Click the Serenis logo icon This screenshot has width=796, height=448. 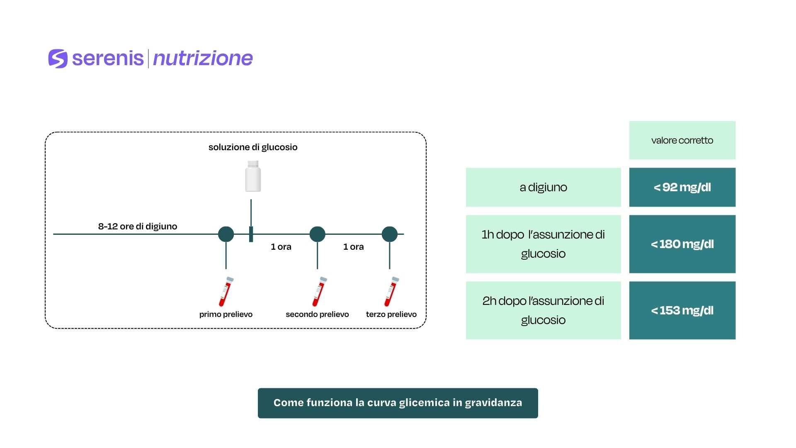coord(58,58)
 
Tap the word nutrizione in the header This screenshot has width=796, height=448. coord(203,58)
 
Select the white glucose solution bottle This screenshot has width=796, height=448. coord(253,176)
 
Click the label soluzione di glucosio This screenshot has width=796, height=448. coord(253,147)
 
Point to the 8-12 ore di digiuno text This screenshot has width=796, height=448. coord(138,226)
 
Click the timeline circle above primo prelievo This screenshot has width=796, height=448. coord(226,234)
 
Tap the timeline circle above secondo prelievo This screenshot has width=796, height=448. coord(317,234)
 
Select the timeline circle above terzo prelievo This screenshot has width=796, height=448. coord(390,234)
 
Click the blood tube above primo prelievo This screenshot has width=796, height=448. coord(226,292)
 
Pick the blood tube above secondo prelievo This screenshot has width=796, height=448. coord(319,292)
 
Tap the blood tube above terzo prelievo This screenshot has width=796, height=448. coord(391,292)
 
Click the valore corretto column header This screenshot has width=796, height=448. coord(682,140)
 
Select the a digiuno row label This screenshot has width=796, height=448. coord(543,187)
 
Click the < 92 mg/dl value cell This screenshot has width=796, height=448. coord(682,187)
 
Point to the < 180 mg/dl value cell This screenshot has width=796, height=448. coord(682,244)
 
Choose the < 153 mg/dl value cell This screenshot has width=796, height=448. coord(682,310)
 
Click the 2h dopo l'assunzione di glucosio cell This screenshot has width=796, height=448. coord(543,310)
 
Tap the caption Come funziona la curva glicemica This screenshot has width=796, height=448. coord(398,403)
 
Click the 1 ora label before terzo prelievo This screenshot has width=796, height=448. coord(353,247)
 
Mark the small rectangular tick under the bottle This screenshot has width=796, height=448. coord(251,234)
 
